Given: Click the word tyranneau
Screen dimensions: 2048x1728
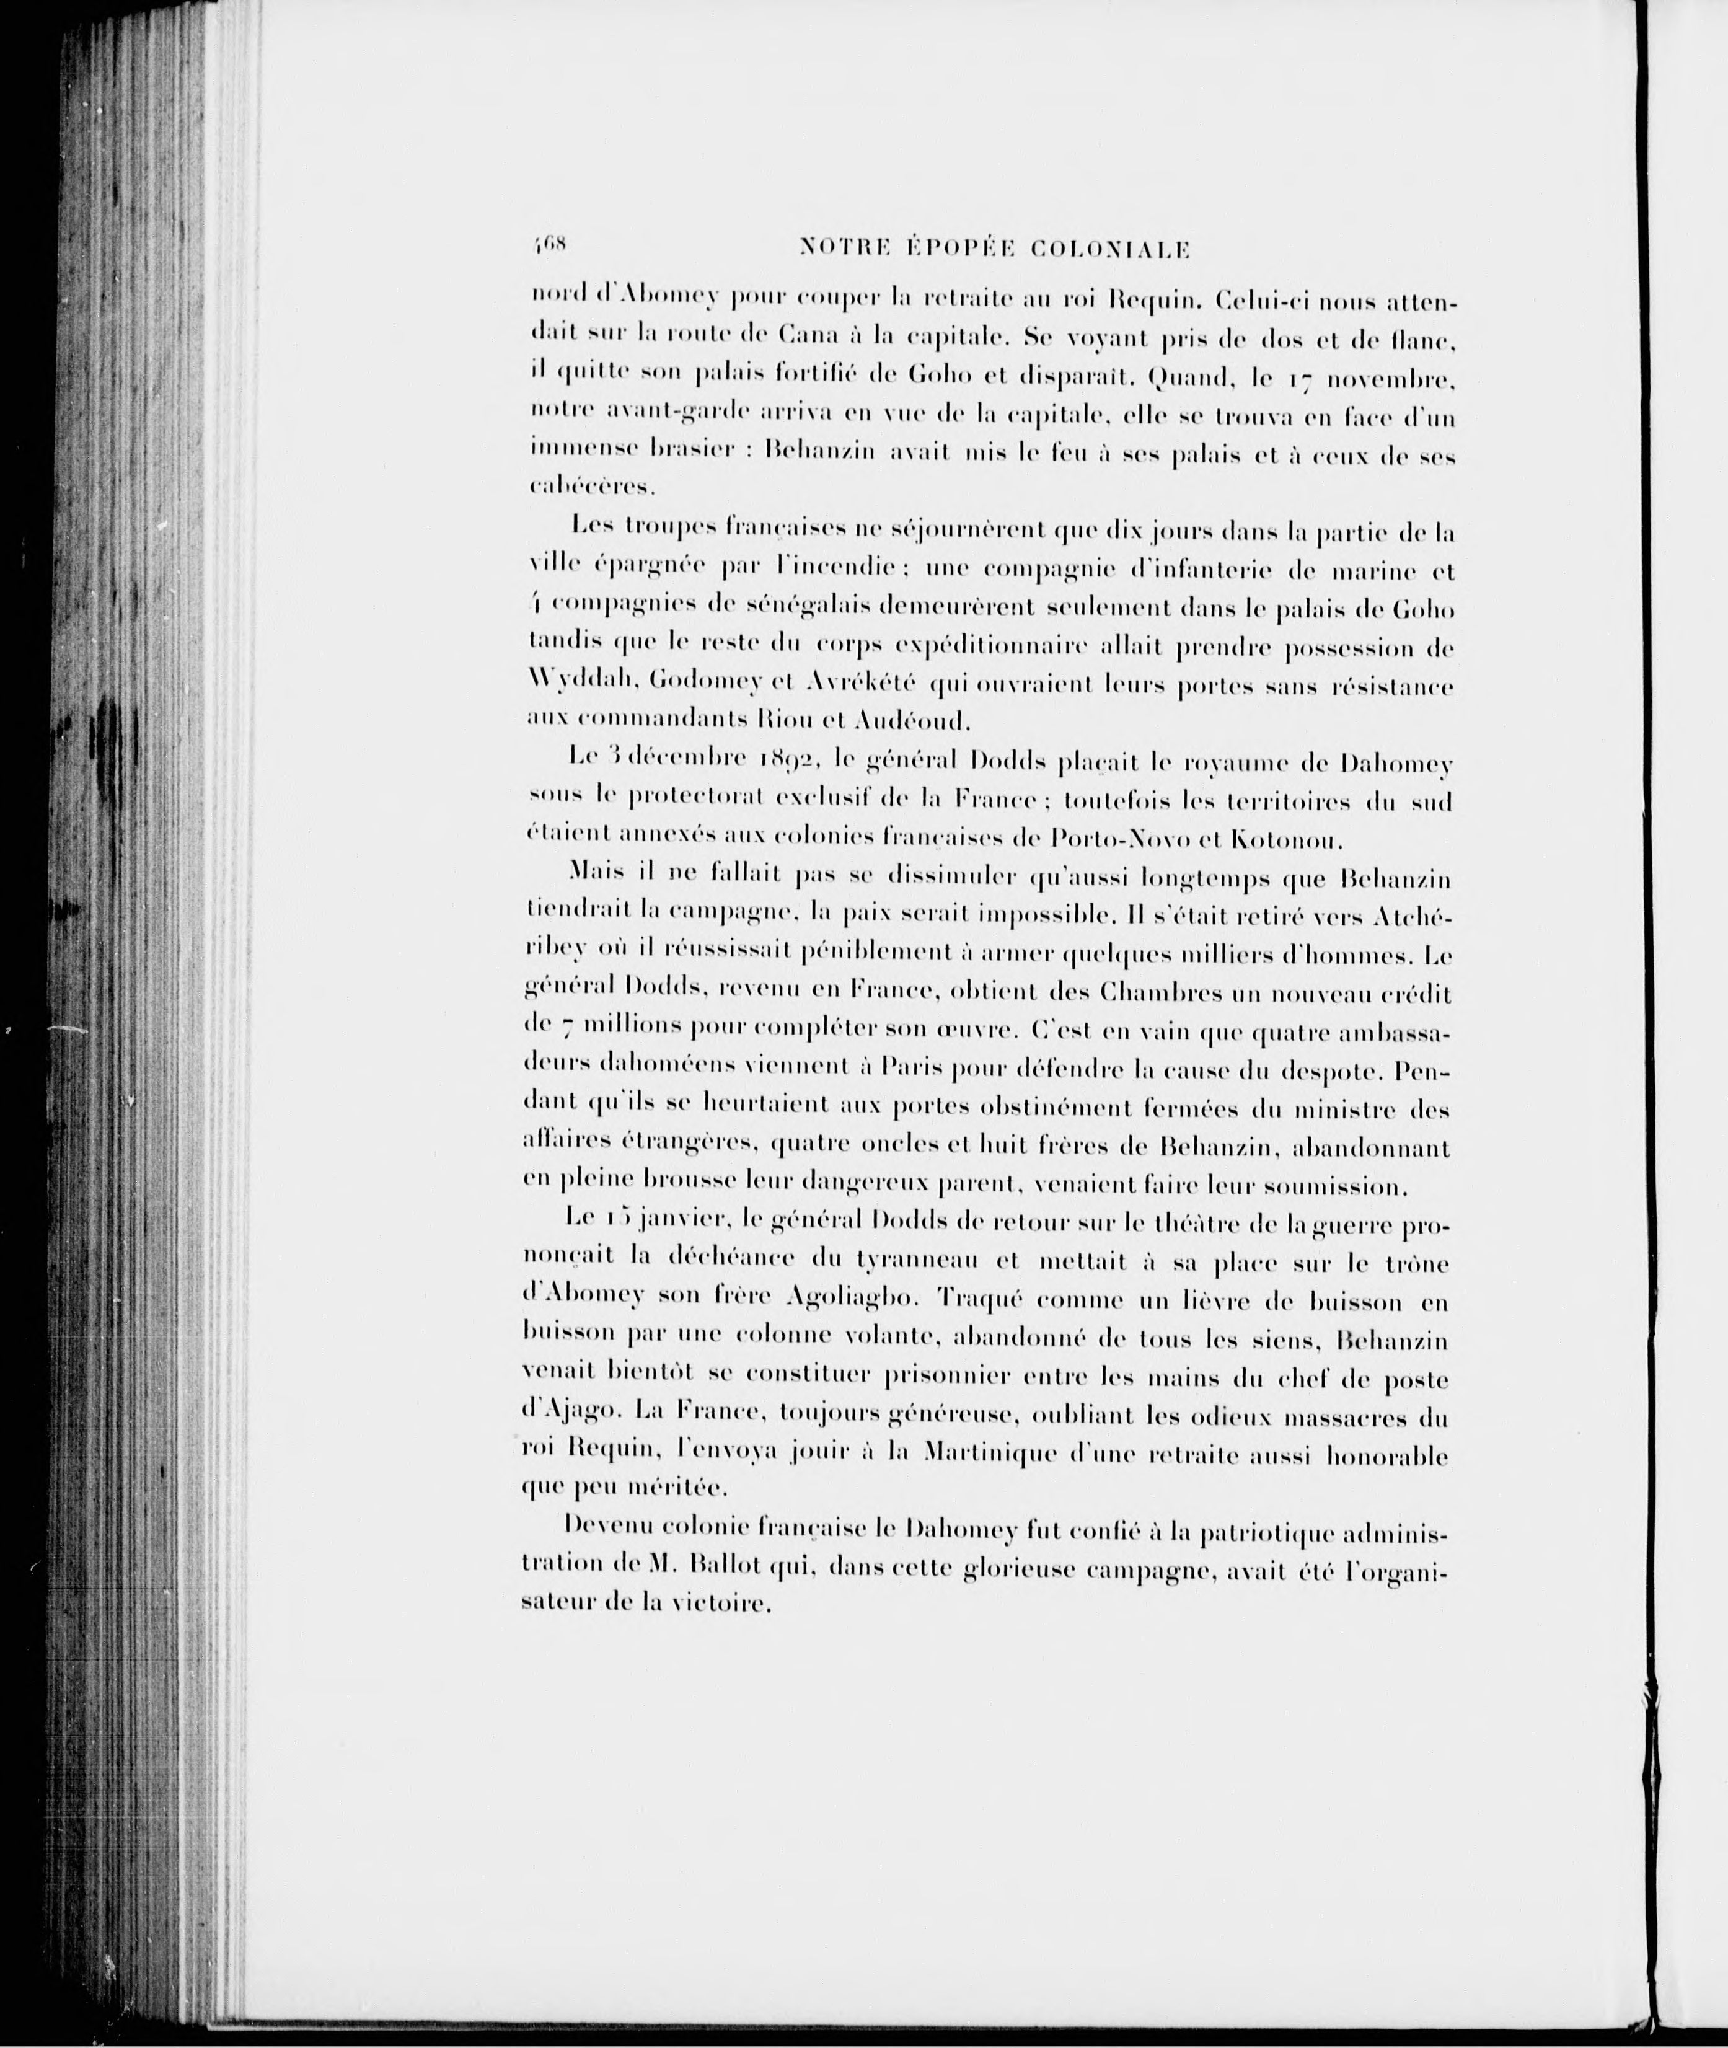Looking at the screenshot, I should (x=917, y=1263).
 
